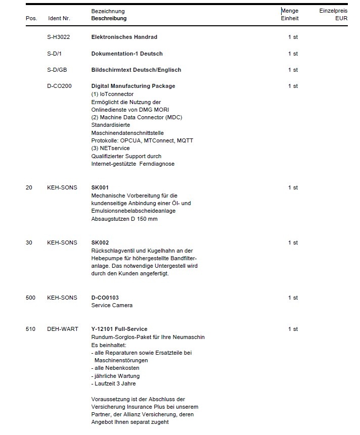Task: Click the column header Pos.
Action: pyautogui.click(x=31, y=19)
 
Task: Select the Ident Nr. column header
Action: pyautogui.click(x=59, y=19)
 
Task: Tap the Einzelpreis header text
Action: pyautogui.click(x=333, y=11)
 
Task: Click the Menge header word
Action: pyautogui.click(x=290, y=11)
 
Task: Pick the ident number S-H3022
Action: pyautogui.click(x=58, y=37)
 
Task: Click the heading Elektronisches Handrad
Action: pyautogui.click(x=124, y=37)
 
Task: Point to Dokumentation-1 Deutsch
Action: pyautogui.click(x=127, y=54)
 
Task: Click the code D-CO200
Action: pyautogui.click(x=59, y=86)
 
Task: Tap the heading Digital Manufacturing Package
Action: pyautogui.click(x=133, y=86)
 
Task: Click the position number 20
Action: pyautogui.click(x=29, y=187)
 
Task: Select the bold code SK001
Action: pyautogui.click(x=100, y=187)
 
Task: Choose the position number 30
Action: pyautogui.click(x=29, y=243)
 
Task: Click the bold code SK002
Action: pyautogui.click(x=100, y=243)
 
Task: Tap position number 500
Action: pyautogui.click(x=30, y=298)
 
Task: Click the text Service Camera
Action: pyautogui.click(x=112, y=306)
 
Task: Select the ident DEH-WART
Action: pyautogui.click(x=63, y=329)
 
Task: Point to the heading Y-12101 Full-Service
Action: pyautogui.click(x=119, y=329)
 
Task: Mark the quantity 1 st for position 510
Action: pyautogui.click(x=293, y=329)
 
